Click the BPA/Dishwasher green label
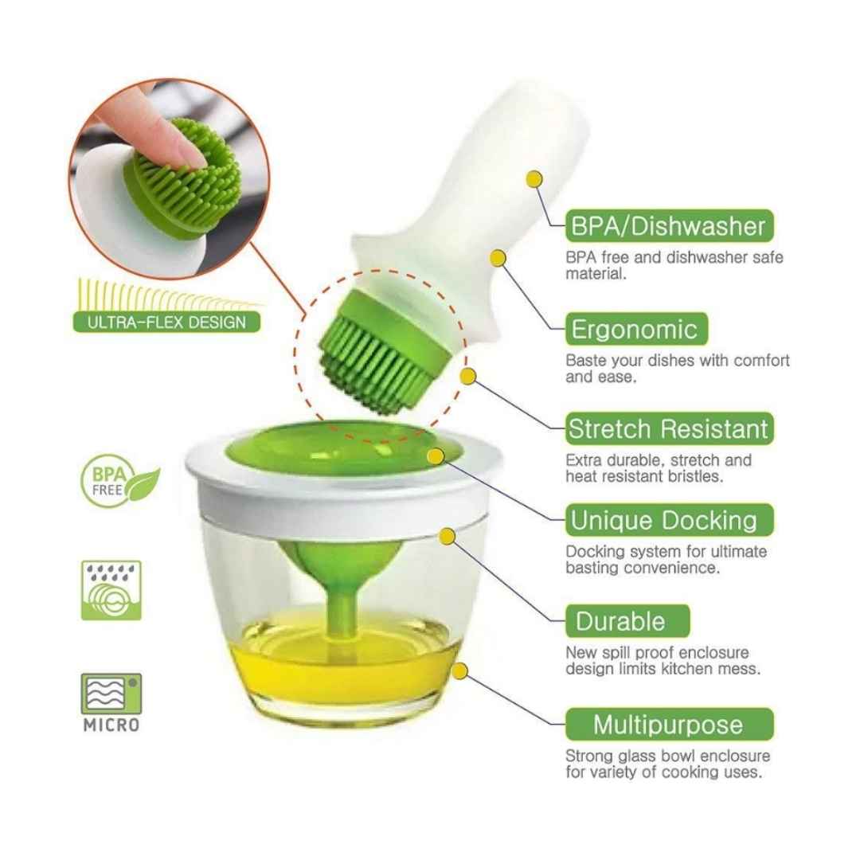tap(669, 225)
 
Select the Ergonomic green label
tap(636, 329)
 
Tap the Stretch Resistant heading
tap(669, 429)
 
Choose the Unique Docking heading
tap(669, 520)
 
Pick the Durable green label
tap(627, 621)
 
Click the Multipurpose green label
tap(669, 725)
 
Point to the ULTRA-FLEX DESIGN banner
tap(166, 322)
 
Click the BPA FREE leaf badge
tap(119, 481)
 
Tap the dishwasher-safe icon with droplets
tap(111, 590)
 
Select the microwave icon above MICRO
tap(111, 694)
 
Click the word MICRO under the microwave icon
tap(111, 725)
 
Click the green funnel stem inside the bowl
tap(341, 609)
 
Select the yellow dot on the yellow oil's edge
tap(459, 670)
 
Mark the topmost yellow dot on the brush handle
tap(534, 179)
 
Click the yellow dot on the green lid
tap(436, 456)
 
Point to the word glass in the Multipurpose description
tap(636, 756)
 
